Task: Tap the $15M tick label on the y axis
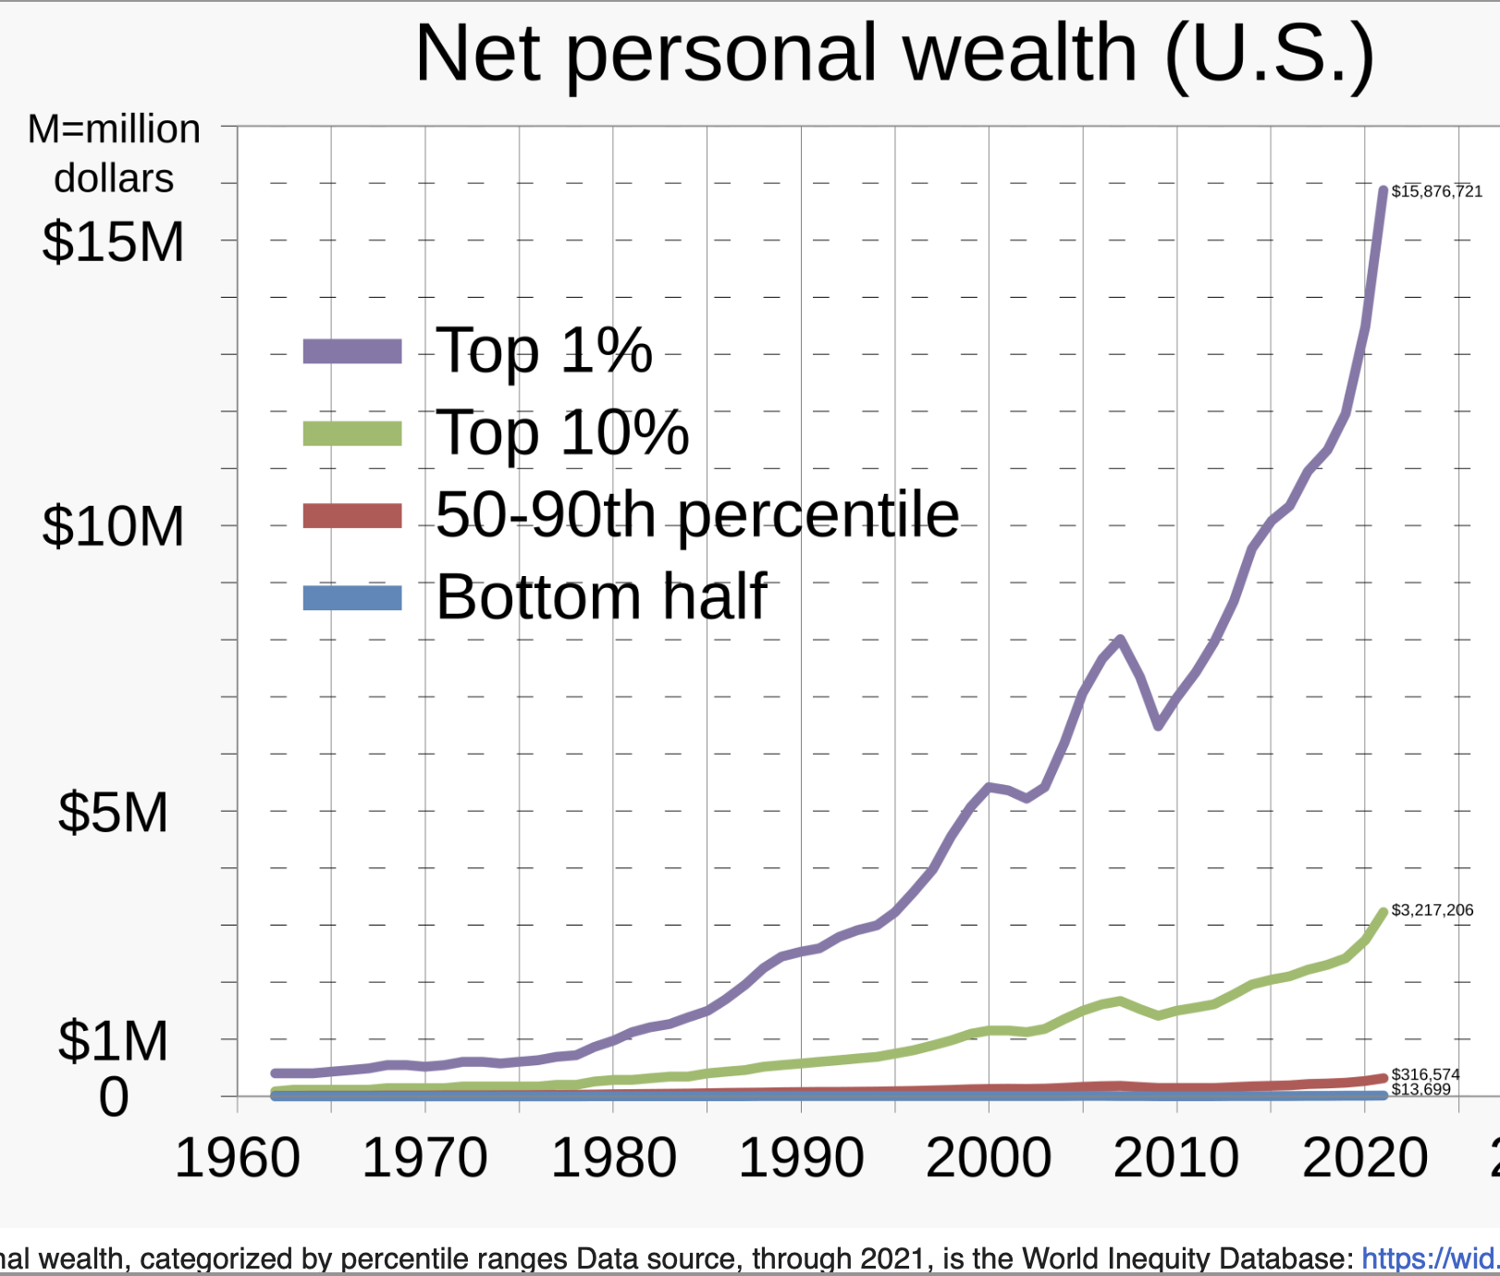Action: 113,242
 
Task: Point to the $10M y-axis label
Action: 113,527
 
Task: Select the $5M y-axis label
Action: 113,813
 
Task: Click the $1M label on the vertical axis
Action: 113,1041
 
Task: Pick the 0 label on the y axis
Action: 114,1098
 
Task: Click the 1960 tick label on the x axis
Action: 238,1159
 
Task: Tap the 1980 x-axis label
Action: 613,1159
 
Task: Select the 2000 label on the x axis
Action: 989,1159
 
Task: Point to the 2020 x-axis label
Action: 1365,1159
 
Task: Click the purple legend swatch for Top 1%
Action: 352,351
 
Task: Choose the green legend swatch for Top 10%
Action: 352,434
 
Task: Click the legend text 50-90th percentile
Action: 697,515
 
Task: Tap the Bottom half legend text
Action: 601,597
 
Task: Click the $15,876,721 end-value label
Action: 1436,191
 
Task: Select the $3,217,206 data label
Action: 1432,910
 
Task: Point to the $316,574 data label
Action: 1425,1074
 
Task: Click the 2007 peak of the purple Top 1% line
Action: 1120,640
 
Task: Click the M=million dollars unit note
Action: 114,153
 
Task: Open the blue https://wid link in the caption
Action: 1430,1258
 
